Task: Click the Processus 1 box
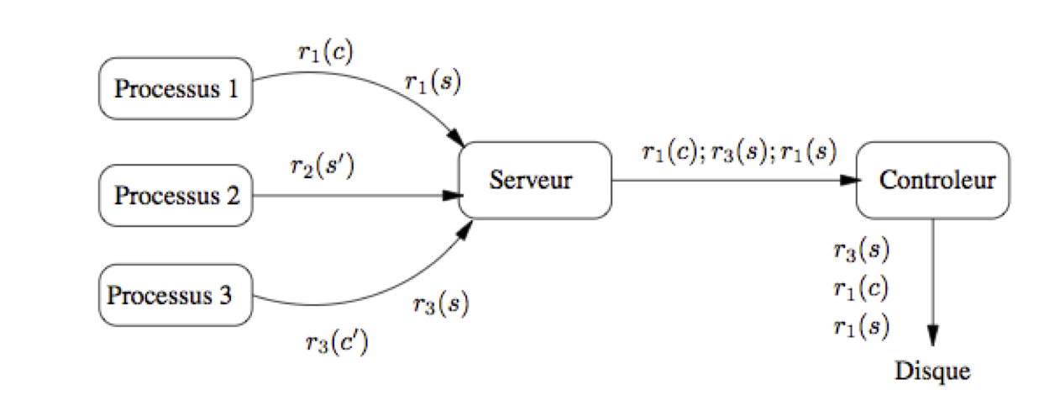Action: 176,88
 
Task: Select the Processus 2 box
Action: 176,196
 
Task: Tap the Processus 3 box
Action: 176,295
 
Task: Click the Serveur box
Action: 535,181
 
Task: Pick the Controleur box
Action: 932,181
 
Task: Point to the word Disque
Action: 932,371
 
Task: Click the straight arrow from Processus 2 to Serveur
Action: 358,196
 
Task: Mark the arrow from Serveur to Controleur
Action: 736,181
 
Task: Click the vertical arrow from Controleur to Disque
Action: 932,282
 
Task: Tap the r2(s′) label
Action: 323,166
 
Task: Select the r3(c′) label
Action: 337,342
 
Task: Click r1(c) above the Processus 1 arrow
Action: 326,51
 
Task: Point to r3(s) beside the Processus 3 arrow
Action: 441,303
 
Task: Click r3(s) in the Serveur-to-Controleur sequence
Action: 739,152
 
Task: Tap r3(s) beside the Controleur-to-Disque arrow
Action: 861,250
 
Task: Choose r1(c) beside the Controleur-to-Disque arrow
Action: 861,288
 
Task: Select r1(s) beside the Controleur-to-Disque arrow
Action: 861,327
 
